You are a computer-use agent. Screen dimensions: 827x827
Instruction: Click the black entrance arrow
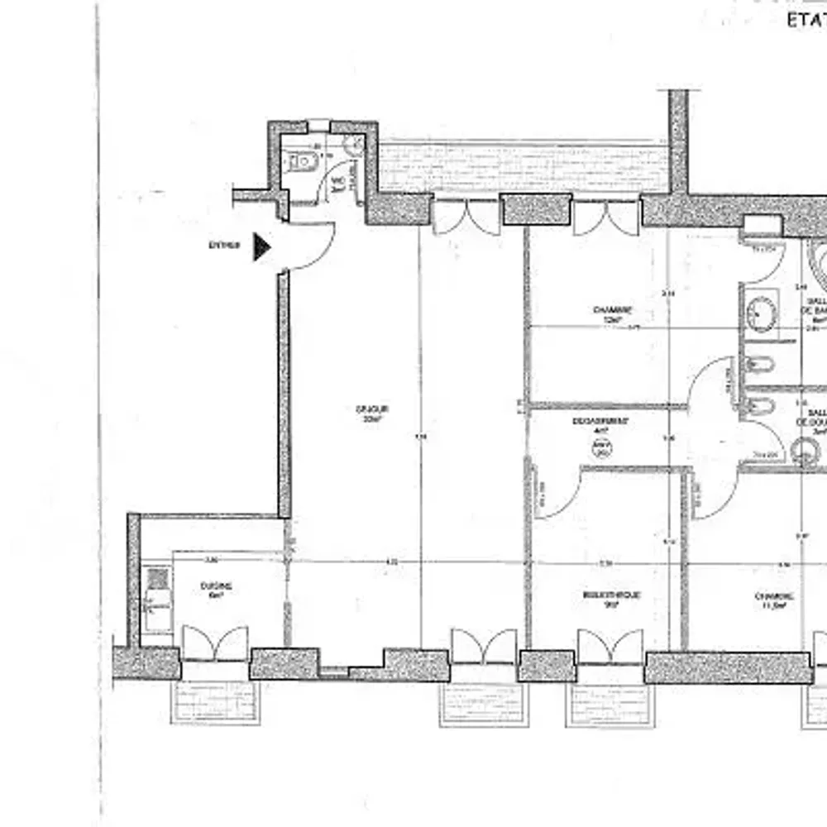click(x=261, y=246)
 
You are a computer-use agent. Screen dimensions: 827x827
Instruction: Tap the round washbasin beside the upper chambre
click(x=761, y=313)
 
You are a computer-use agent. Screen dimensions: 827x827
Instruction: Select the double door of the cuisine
click(x=215, y=643)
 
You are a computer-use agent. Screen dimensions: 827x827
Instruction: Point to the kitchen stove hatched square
click(x=156, y=577)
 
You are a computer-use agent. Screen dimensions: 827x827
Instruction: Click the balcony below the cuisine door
click(x=215, y=701)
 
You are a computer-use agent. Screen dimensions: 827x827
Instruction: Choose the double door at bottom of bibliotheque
click(x=610, y=646)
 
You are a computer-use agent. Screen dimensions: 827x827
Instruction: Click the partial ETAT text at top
click(x=805, y=20)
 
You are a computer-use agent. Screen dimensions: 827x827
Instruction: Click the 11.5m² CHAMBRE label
click(x=774, y=600)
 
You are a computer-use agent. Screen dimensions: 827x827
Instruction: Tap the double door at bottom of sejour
click(x=484, y=646)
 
